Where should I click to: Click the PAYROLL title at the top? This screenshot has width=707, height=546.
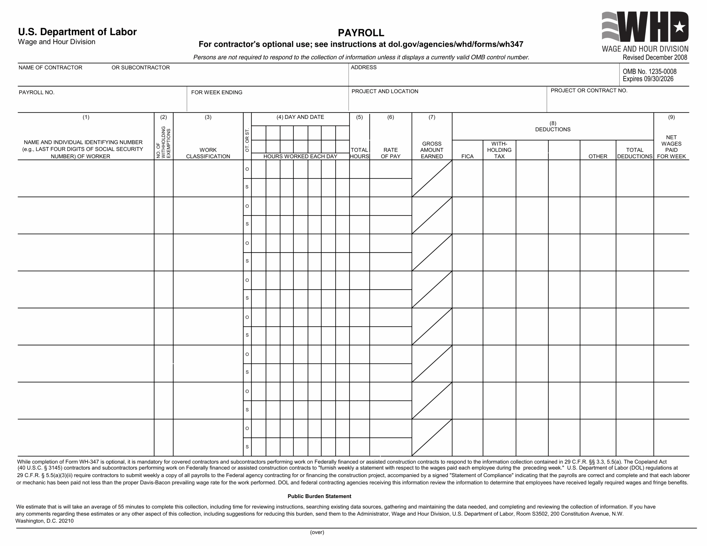pyautogui.click(x=361, y=33)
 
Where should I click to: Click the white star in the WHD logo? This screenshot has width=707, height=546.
pyautogui.click(x=679, y=27)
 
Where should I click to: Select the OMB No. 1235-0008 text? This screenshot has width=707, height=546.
pyautogui.click(x=649, y=71)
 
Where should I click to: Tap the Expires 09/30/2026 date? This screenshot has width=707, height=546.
pyautogui.click(x=648, y=79)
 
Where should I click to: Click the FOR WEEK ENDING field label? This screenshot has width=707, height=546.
pyautogui.click(x=217, y=92)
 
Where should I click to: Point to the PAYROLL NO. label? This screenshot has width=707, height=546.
pyautogui.click(x=36, y=92)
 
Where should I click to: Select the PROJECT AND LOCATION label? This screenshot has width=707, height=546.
pyautogui.click(x=385, y=91)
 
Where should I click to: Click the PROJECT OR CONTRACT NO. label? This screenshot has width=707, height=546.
pyautogui.click(x=589, y=91)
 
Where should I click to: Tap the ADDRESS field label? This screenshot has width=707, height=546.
pyautogui.click(x=363, y=67)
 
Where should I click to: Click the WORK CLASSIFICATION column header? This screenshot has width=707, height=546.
pyautogui.click(x=208, y=153)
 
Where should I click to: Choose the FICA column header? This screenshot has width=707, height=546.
pyautogui.click(x=467, y=156)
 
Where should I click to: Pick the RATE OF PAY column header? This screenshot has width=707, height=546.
pyautogui.click(x=391, y=153)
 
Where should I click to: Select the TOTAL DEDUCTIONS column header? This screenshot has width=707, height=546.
pyautogui.click(x=634, y=153)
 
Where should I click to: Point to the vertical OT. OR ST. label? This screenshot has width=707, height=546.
pyautogui.click(x=247, y=140)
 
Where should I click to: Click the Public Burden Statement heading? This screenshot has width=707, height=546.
pyautogui.click(x=319, y=496)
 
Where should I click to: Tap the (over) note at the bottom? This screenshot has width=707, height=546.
pyautogui.click(x=317, y=532)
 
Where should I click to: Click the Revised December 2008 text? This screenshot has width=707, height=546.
pyautogui.click(x=655, y=58)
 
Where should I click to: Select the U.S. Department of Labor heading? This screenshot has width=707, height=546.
pyautogui.click(x=77, y=32)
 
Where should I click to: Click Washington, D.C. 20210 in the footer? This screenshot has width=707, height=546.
pyautogui.click(x=45, y=521)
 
